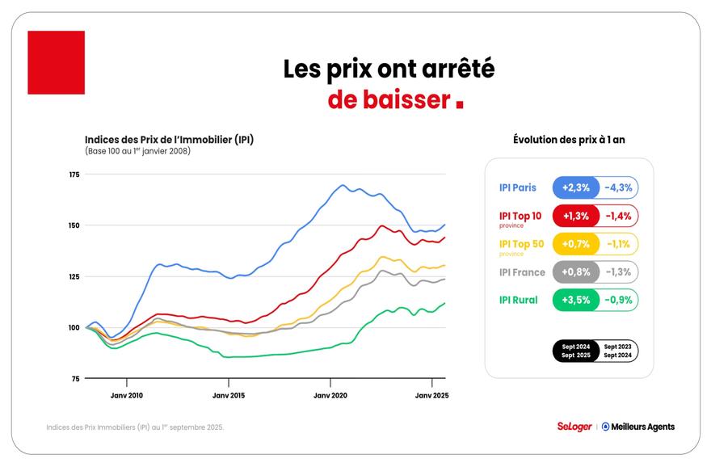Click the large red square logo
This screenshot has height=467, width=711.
56,63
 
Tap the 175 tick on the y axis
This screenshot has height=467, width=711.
74,175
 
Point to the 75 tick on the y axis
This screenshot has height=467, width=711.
74,378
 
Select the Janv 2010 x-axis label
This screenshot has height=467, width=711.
126,396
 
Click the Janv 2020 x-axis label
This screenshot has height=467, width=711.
330,396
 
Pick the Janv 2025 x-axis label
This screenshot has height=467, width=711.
431,396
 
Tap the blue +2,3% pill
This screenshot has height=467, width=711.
575,188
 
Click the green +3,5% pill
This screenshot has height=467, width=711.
575,300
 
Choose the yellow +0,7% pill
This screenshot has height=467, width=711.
575,244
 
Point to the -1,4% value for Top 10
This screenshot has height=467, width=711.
619,217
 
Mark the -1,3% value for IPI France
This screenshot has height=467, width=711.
619,272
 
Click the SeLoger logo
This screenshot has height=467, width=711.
574,427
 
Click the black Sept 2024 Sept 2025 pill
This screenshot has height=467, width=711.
575,351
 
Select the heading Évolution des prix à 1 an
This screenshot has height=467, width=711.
569,140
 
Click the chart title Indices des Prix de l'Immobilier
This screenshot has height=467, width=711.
169,139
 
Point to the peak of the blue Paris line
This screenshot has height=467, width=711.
343,185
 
